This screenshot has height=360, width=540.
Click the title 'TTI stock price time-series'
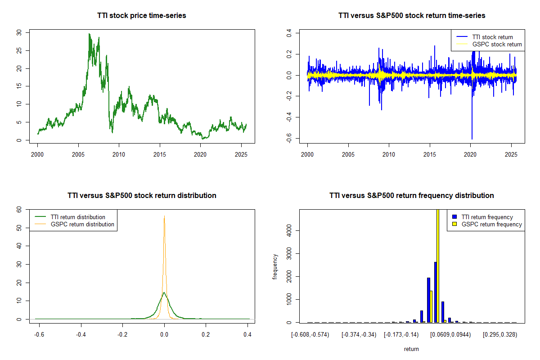point(142,15)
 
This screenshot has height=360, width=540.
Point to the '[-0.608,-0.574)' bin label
point(310,335)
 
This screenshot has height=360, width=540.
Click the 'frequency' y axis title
point(275,267)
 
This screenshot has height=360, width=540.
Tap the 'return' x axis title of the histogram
point(411,349)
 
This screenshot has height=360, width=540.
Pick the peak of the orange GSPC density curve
point(164,216)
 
